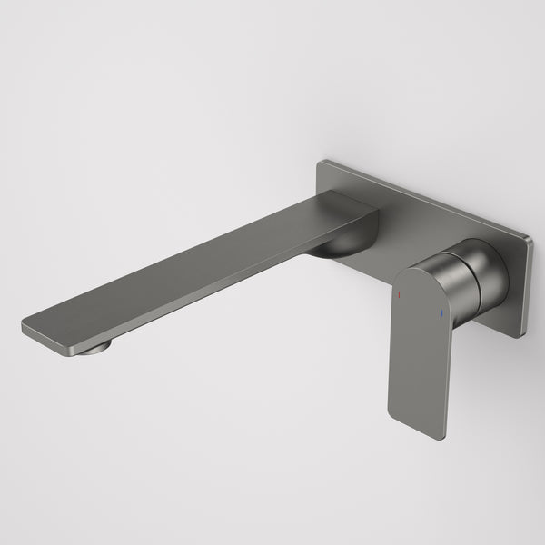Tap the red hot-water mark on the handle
coord(398,296)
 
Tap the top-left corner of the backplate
coord(319,163)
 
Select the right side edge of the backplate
coord(525,286)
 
